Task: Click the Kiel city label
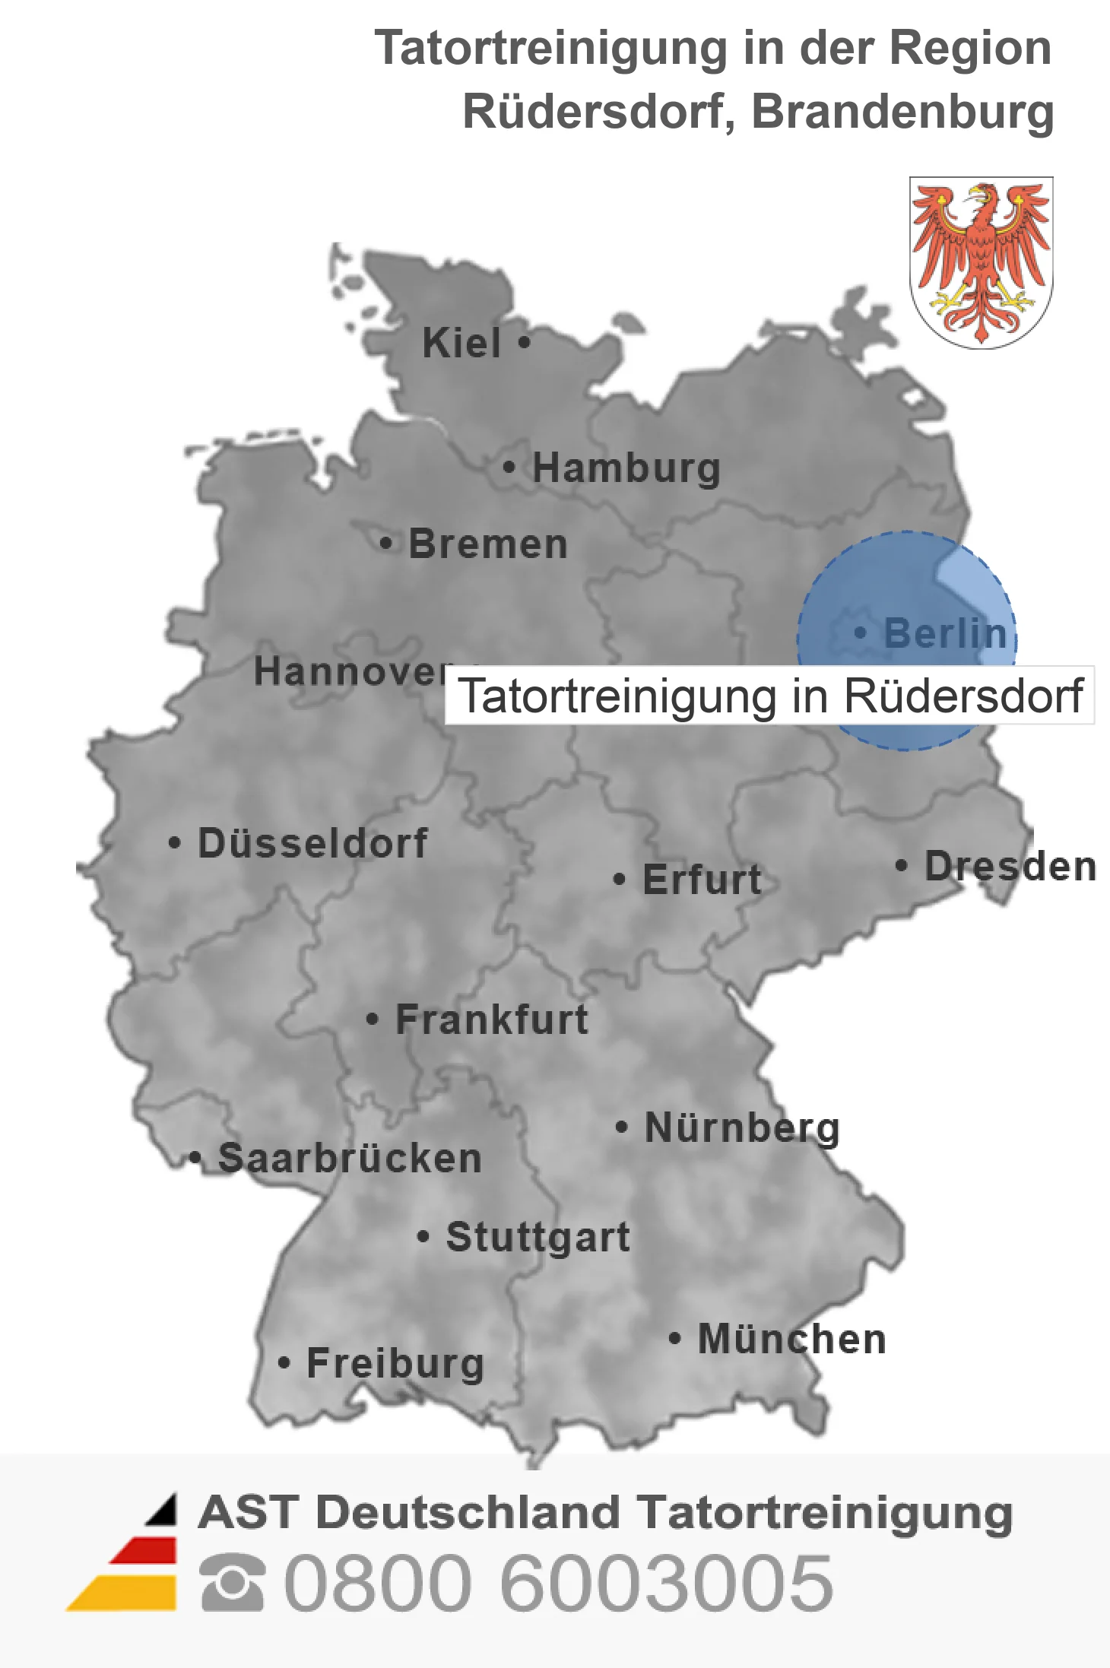(461, 343)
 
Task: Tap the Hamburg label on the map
(626, 468)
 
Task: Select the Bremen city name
(488, 544)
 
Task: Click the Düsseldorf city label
(312, 843)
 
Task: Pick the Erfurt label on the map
(701, 880)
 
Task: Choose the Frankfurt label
(492, 1020)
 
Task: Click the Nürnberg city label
(742, 1127)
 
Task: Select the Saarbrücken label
(350, 1159)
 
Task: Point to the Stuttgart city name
(538, 1237)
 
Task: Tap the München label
(791, 1339)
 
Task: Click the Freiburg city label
(395, 1363)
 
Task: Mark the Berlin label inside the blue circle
(945, 633)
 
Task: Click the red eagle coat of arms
(981, 262)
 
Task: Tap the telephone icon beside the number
(233, 1583)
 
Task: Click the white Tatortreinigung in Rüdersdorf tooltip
(769, 696)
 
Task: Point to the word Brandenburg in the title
(902, 112)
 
